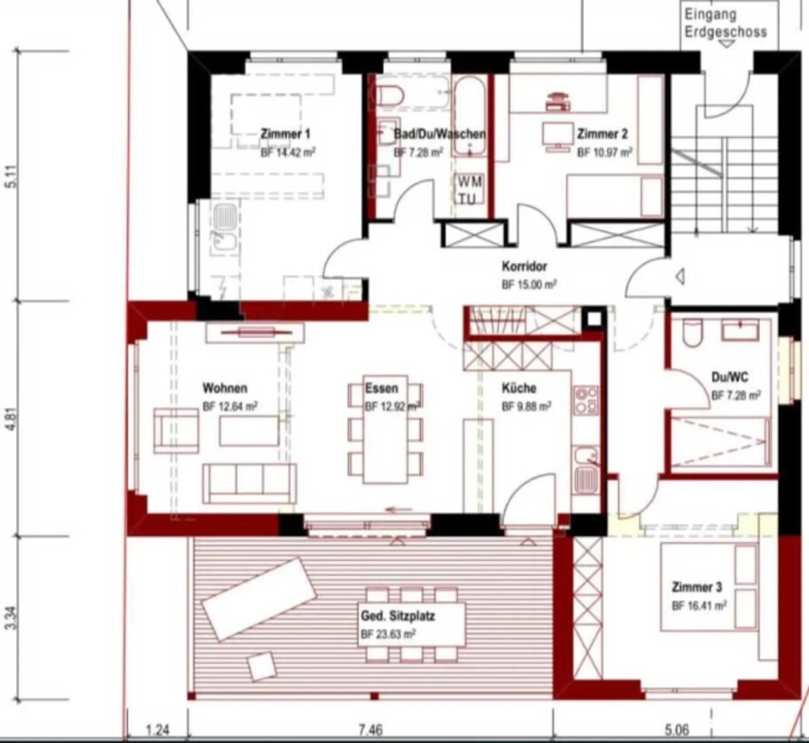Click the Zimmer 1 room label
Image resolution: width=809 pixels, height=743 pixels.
coord(285,134)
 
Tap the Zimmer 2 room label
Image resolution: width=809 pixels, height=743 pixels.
coord(602,134)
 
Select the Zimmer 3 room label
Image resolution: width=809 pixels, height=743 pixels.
coord(697,587)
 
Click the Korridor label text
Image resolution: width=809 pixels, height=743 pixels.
coord(524,266)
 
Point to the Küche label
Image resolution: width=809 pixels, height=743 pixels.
coord(519,388)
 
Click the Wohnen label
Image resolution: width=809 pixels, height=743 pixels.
coord(225,388)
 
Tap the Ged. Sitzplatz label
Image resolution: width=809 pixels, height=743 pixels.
coord(398,616)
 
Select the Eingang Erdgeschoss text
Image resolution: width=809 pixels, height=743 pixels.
coord(725,24)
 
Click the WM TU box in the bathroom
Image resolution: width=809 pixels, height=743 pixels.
coord(469,190)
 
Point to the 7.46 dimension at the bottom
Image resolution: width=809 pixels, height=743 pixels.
coord(371,730)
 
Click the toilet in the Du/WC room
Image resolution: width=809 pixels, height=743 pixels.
coord(692,332)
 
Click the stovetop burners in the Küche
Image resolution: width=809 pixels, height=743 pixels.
coord(586,400)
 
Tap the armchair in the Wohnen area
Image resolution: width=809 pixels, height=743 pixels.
coord(176,431)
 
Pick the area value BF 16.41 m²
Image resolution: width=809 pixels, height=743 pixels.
coord(699,606)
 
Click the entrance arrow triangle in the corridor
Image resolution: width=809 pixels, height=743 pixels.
coord(680,276)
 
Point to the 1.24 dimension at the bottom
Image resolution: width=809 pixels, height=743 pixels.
coord(157,730)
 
